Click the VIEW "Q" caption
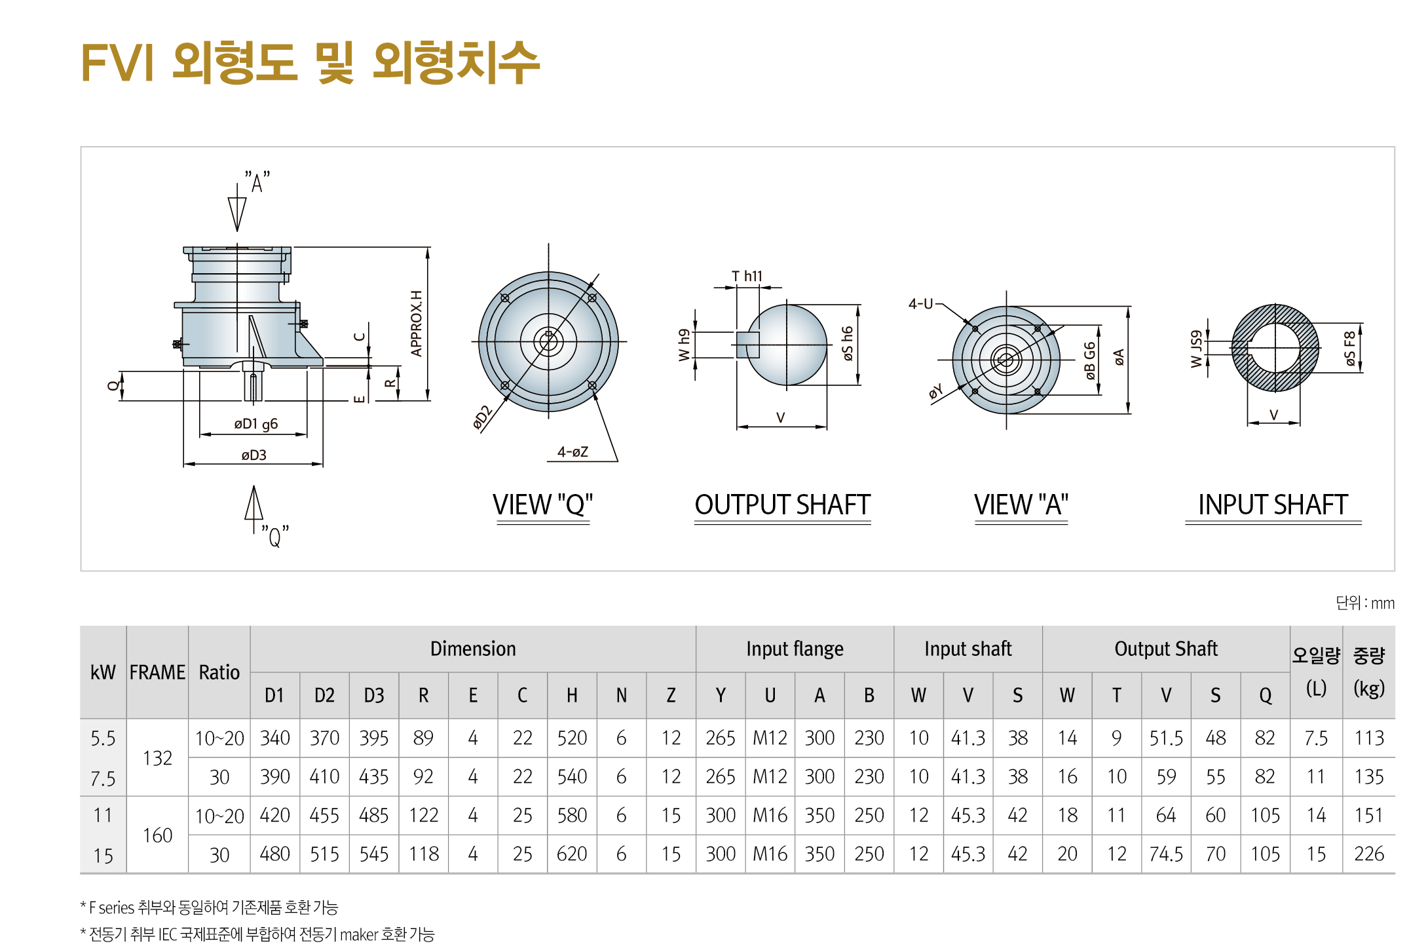click(x=542, y=505)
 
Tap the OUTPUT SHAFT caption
click(x=782, y=505)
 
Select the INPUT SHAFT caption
click(x=1272, y=505)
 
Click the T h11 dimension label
click(x=747, y=276)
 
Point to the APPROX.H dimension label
click(x=417, y=324)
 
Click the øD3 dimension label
click(x=254, y=455)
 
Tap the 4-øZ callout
click(x=573, y=452)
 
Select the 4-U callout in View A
click(x=920, y=304)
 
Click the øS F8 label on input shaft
click(x=1350, y=349)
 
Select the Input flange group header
click(x=795, y=649)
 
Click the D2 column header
click(x=324, y=695)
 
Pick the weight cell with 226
click(x=1369, y=854)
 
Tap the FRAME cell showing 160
click(x=157, y=835)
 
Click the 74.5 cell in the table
click(x=1166, y=854)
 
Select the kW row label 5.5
click(x=103, y=738)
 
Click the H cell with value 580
click(x=571, y=815)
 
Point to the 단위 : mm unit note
click(x=1364, y=603)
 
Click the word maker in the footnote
click(x=359, y=934)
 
